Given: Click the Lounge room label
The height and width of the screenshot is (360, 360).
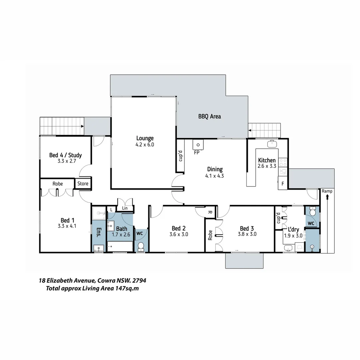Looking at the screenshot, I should [x=145, y=138].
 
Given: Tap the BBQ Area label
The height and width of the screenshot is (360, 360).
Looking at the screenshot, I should [x=209, y=116].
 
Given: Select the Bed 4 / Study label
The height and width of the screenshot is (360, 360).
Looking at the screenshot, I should [x=65, y=155].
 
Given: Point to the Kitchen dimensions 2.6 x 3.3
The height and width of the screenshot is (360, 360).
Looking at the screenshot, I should [x=267, y=166].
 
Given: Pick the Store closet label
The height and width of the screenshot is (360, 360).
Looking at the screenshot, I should [x=83, y=184].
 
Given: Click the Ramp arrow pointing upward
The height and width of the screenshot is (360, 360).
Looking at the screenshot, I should [x=327, y=197].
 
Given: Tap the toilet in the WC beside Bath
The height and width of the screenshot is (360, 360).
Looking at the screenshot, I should [x=141, y=246].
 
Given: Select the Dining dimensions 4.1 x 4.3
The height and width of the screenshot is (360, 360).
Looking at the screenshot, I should [x=215, y=175].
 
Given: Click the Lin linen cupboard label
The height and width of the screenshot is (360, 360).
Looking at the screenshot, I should [x=125, y=208].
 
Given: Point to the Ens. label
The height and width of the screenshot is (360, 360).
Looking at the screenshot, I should [x=98, y=232].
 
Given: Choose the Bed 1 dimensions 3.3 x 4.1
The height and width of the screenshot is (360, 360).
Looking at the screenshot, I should [x=65, y=226].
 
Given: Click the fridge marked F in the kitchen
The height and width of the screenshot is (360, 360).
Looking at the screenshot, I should [x=283, y=184].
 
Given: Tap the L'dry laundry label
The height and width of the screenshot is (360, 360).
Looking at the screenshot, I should [x=293, y=230].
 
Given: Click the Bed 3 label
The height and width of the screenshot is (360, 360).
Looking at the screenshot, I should [x=247, y=228].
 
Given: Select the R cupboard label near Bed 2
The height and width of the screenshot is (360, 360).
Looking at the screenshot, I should [x=210, y=212].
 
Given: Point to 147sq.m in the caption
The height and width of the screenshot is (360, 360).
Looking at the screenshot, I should [x=127, y=289].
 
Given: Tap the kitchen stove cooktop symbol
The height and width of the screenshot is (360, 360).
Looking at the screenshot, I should [x=283, y=163].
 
